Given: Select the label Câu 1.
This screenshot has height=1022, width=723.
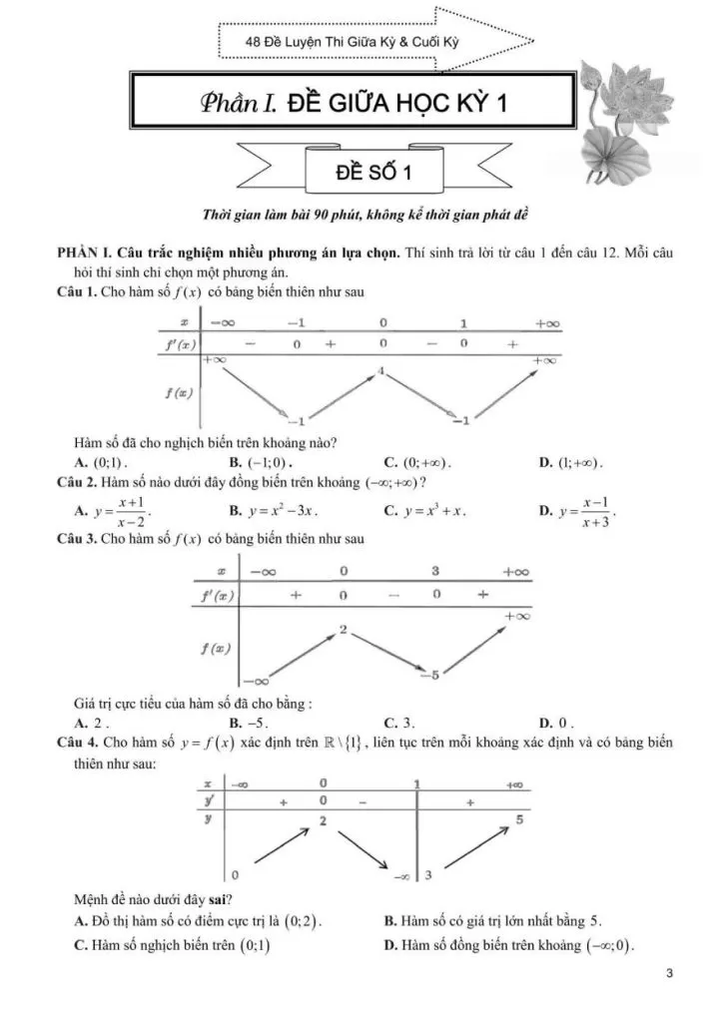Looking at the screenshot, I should (79, 291).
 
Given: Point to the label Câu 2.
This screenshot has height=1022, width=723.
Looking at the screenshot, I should (79, 483).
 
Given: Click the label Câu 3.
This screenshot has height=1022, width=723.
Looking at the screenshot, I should (79, 540).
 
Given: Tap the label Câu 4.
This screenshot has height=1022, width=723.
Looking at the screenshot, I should (79, 744).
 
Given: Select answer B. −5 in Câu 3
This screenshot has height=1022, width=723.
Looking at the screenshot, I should (250, 723).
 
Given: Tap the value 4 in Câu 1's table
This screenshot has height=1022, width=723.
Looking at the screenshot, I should (381, 371).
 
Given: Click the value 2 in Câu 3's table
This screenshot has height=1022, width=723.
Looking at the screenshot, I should (343, 630).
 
